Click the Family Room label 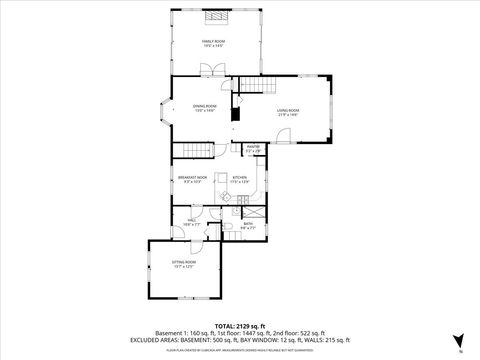click(212, 43)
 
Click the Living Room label click(290, 112)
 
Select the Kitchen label click(240, 180)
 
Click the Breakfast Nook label click(192, 180)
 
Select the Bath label click(247, 226)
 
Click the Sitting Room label click(185, 265)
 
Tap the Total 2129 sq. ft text click(240, 326)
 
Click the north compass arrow click(458, 341)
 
